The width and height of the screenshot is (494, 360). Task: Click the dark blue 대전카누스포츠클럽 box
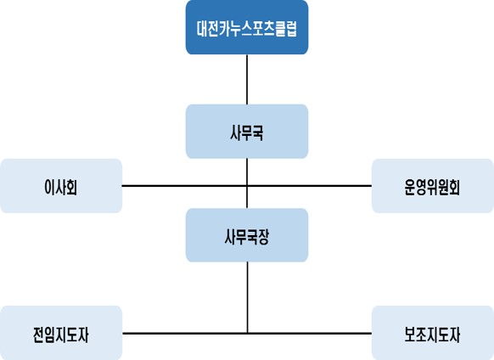247,27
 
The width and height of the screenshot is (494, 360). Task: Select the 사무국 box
247,132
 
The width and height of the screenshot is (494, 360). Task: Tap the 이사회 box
61,186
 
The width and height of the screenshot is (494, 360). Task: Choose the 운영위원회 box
433,186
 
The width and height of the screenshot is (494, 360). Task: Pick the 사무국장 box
247,235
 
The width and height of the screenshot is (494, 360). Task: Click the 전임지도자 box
61,333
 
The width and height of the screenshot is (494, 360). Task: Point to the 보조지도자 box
433,333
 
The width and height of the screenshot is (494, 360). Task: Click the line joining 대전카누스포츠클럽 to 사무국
247,80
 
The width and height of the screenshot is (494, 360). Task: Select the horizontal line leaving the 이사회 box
185,186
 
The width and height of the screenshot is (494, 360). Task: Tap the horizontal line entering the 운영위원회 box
309,186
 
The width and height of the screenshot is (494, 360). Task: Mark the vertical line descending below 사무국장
247,297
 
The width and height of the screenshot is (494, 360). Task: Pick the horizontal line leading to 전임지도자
185,333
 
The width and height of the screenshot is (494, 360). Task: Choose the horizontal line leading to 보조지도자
310,333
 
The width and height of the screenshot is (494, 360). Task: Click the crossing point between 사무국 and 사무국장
247,186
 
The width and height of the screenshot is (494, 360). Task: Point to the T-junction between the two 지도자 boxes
247,333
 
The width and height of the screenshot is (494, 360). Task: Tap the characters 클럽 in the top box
286,29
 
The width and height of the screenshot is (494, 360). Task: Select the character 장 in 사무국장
264,237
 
